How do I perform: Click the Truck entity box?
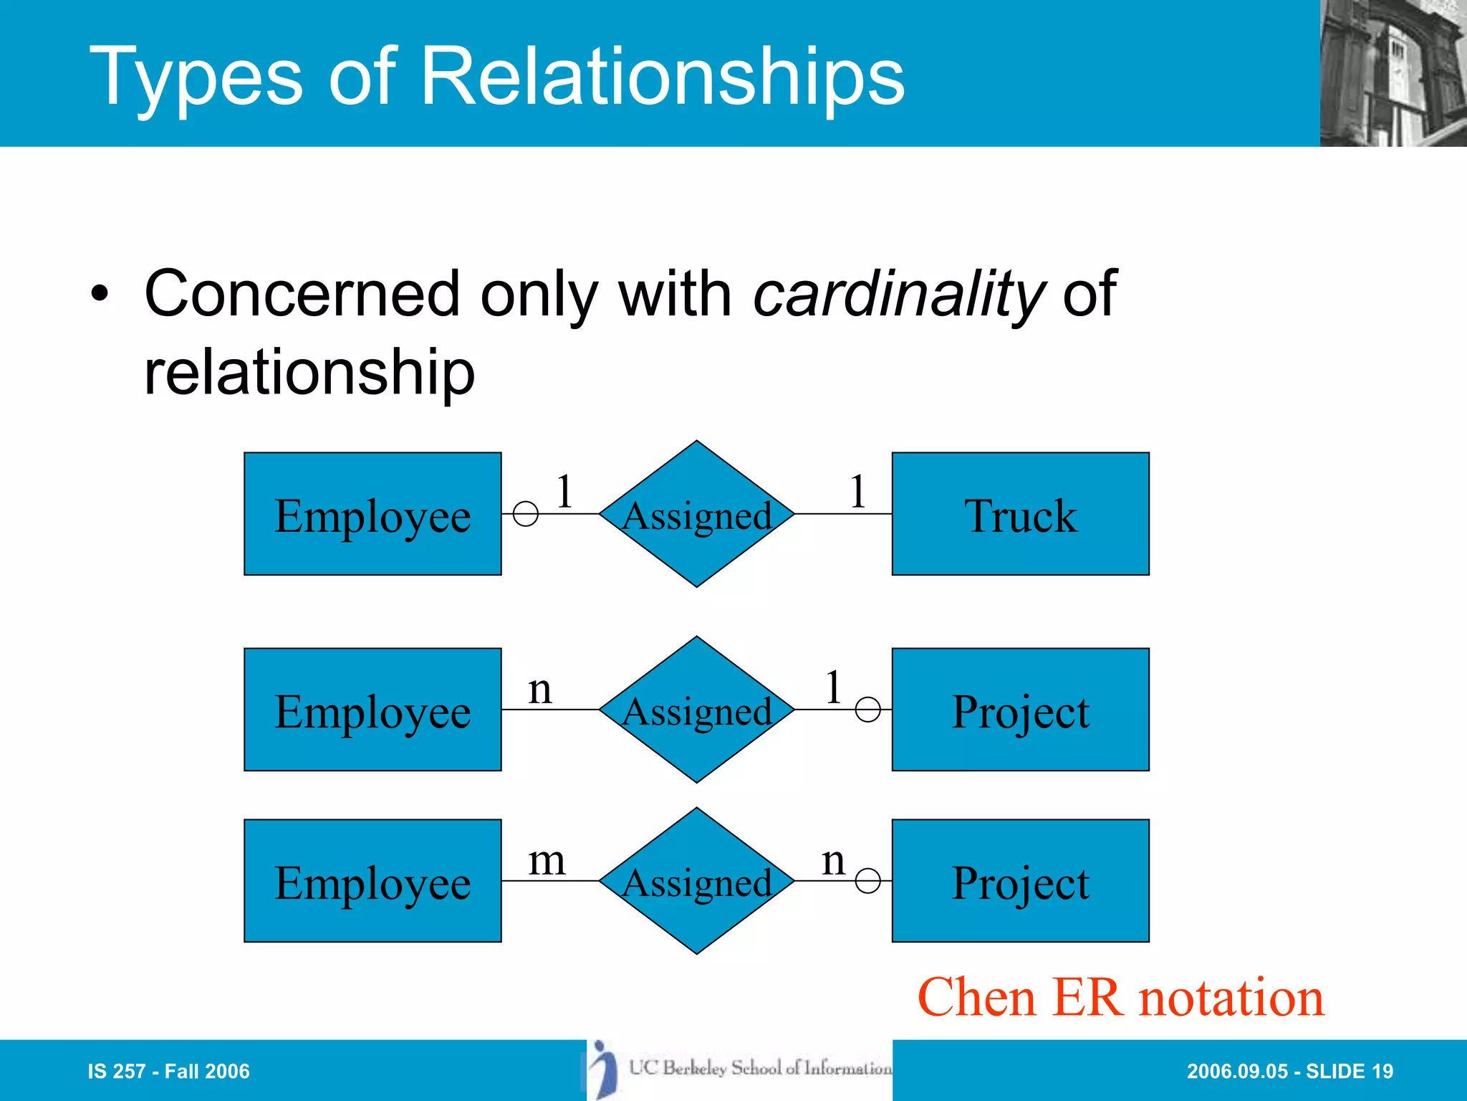point(1020,514)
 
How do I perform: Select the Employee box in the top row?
point(372,514)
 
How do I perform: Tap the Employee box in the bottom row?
point(372,881)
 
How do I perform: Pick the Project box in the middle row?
point(1020,710)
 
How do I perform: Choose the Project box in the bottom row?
point(1020,881)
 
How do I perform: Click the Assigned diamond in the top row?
point(696,514)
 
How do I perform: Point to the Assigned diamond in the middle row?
point(696,710)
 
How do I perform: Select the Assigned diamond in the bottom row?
point(696,881)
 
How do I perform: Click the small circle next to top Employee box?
point(526,514)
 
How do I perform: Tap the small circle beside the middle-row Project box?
point(867,710)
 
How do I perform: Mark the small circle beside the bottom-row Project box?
point(867,881)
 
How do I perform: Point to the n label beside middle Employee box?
point(540,690)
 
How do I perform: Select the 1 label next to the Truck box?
point(857,492)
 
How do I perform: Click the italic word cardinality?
point(899,294)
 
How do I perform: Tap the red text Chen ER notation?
point(1120,997)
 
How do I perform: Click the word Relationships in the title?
point(663,77)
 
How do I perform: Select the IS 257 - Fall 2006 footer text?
point(168,1072)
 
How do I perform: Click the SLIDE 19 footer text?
point(1350,1072)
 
